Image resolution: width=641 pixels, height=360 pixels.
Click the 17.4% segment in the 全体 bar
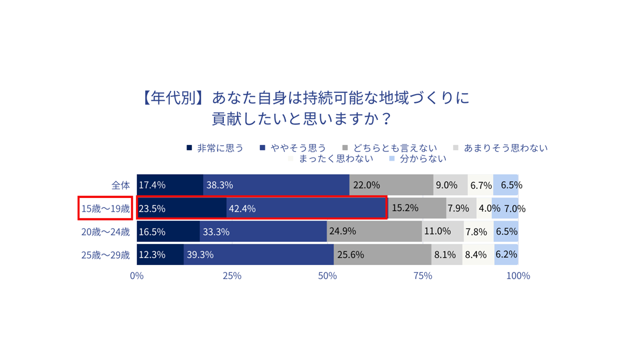(170, 185)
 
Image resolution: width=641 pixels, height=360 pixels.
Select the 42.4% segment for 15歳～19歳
(307, 208)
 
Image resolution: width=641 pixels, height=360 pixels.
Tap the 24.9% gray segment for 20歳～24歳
(374, 231)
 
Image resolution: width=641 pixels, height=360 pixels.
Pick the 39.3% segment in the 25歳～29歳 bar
(258, 254)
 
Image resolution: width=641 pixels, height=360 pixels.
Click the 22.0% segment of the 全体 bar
(391, 185)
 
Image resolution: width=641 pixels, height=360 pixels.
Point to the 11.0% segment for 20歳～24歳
(443, 231)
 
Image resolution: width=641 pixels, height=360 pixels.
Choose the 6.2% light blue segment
(506, 254)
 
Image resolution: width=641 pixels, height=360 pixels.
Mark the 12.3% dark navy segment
(160, 254)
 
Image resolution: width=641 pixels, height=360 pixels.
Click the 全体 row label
(120, 185)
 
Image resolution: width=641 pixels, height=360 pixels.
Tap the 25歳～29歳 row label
(106, 255)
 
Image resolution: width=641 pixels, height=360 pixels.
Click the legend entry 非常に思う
(215, 148)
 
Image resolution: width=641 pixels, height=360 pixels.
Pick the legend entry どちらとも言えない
(390, 148)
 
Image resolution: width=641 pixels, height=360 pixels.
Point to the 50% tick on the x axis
(328, 276)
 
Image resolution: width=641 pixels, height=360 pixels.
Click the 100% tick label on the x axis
(518, 276)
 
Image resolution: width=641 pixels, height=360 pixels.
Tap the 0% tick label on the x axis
(137, 276)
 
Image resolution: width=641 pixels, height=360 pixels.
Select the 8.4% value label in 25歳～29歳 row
(476, 254)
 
